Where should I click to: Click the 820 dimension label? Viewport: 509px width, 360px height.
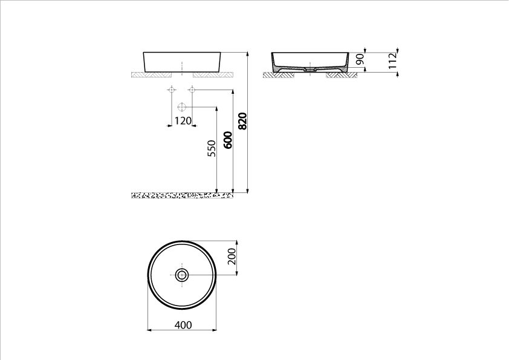pos(243,121)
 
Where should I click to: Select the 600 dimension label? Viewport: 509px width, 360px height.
pos(229,140)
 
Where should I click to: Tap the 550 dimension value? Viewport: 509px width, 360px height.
pos(212,148)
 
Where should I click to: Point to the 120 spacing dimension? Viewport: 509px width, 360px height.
pos(183,121)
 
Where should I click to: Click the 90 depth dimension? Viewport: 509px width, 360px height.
pos(360,59)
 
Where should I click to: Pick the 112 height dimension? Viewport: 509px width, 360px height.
pos(393,61)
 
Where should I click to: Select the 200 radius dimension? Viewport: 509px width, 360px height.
pos(232,257)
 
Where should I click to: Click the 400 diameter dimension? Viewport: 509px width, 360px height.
pos(183,325)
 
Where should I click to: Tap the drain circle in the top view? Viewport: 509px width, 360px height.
pos(182,275)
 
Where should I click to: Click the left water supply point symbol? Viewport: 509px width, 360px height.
pos(172,89)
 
